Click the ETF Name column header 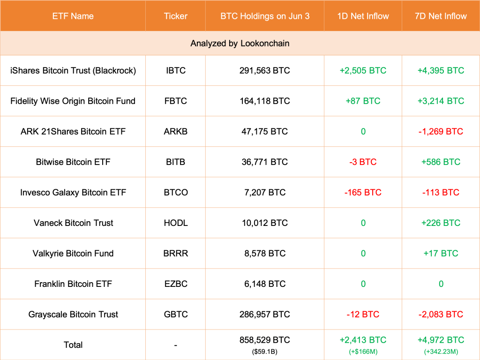click(x=73, y=16)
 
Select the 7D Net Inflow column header click(x=441, y=16)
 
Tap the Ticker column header click(x=175, y=16)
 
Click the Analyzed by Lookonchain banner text click(x=240, y=44)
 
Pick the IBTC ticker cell click(x=175, y=71)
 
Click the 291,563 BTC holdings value click(x=264, y=71)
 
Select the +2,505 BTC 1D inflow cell click(x=363, y=71)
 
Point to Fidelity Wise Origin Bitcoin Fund click(x=73, y=101)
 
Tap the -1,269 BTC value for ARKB click(x=441, y=132)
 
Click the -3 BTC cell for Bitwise click(x=363, y=162)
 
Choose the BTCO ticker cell click(x=175, y=193)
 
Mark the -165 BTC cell click(x=363, y=193)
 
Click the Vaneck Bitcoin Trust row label click(x=73, y=223)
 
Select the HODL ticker click(x=175, y=223)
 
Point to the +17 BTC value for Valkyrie click(x=441, y=254)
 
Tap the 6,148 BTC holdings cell click(x=264, y=284)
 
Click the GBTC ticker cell click(x=175, y=315)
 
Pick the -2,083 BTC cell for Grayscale click(x=441, y=315)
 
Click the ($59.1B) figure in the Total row click(x=264, y=351)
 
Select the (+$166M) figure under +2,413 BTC click(x=363, y=351)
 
